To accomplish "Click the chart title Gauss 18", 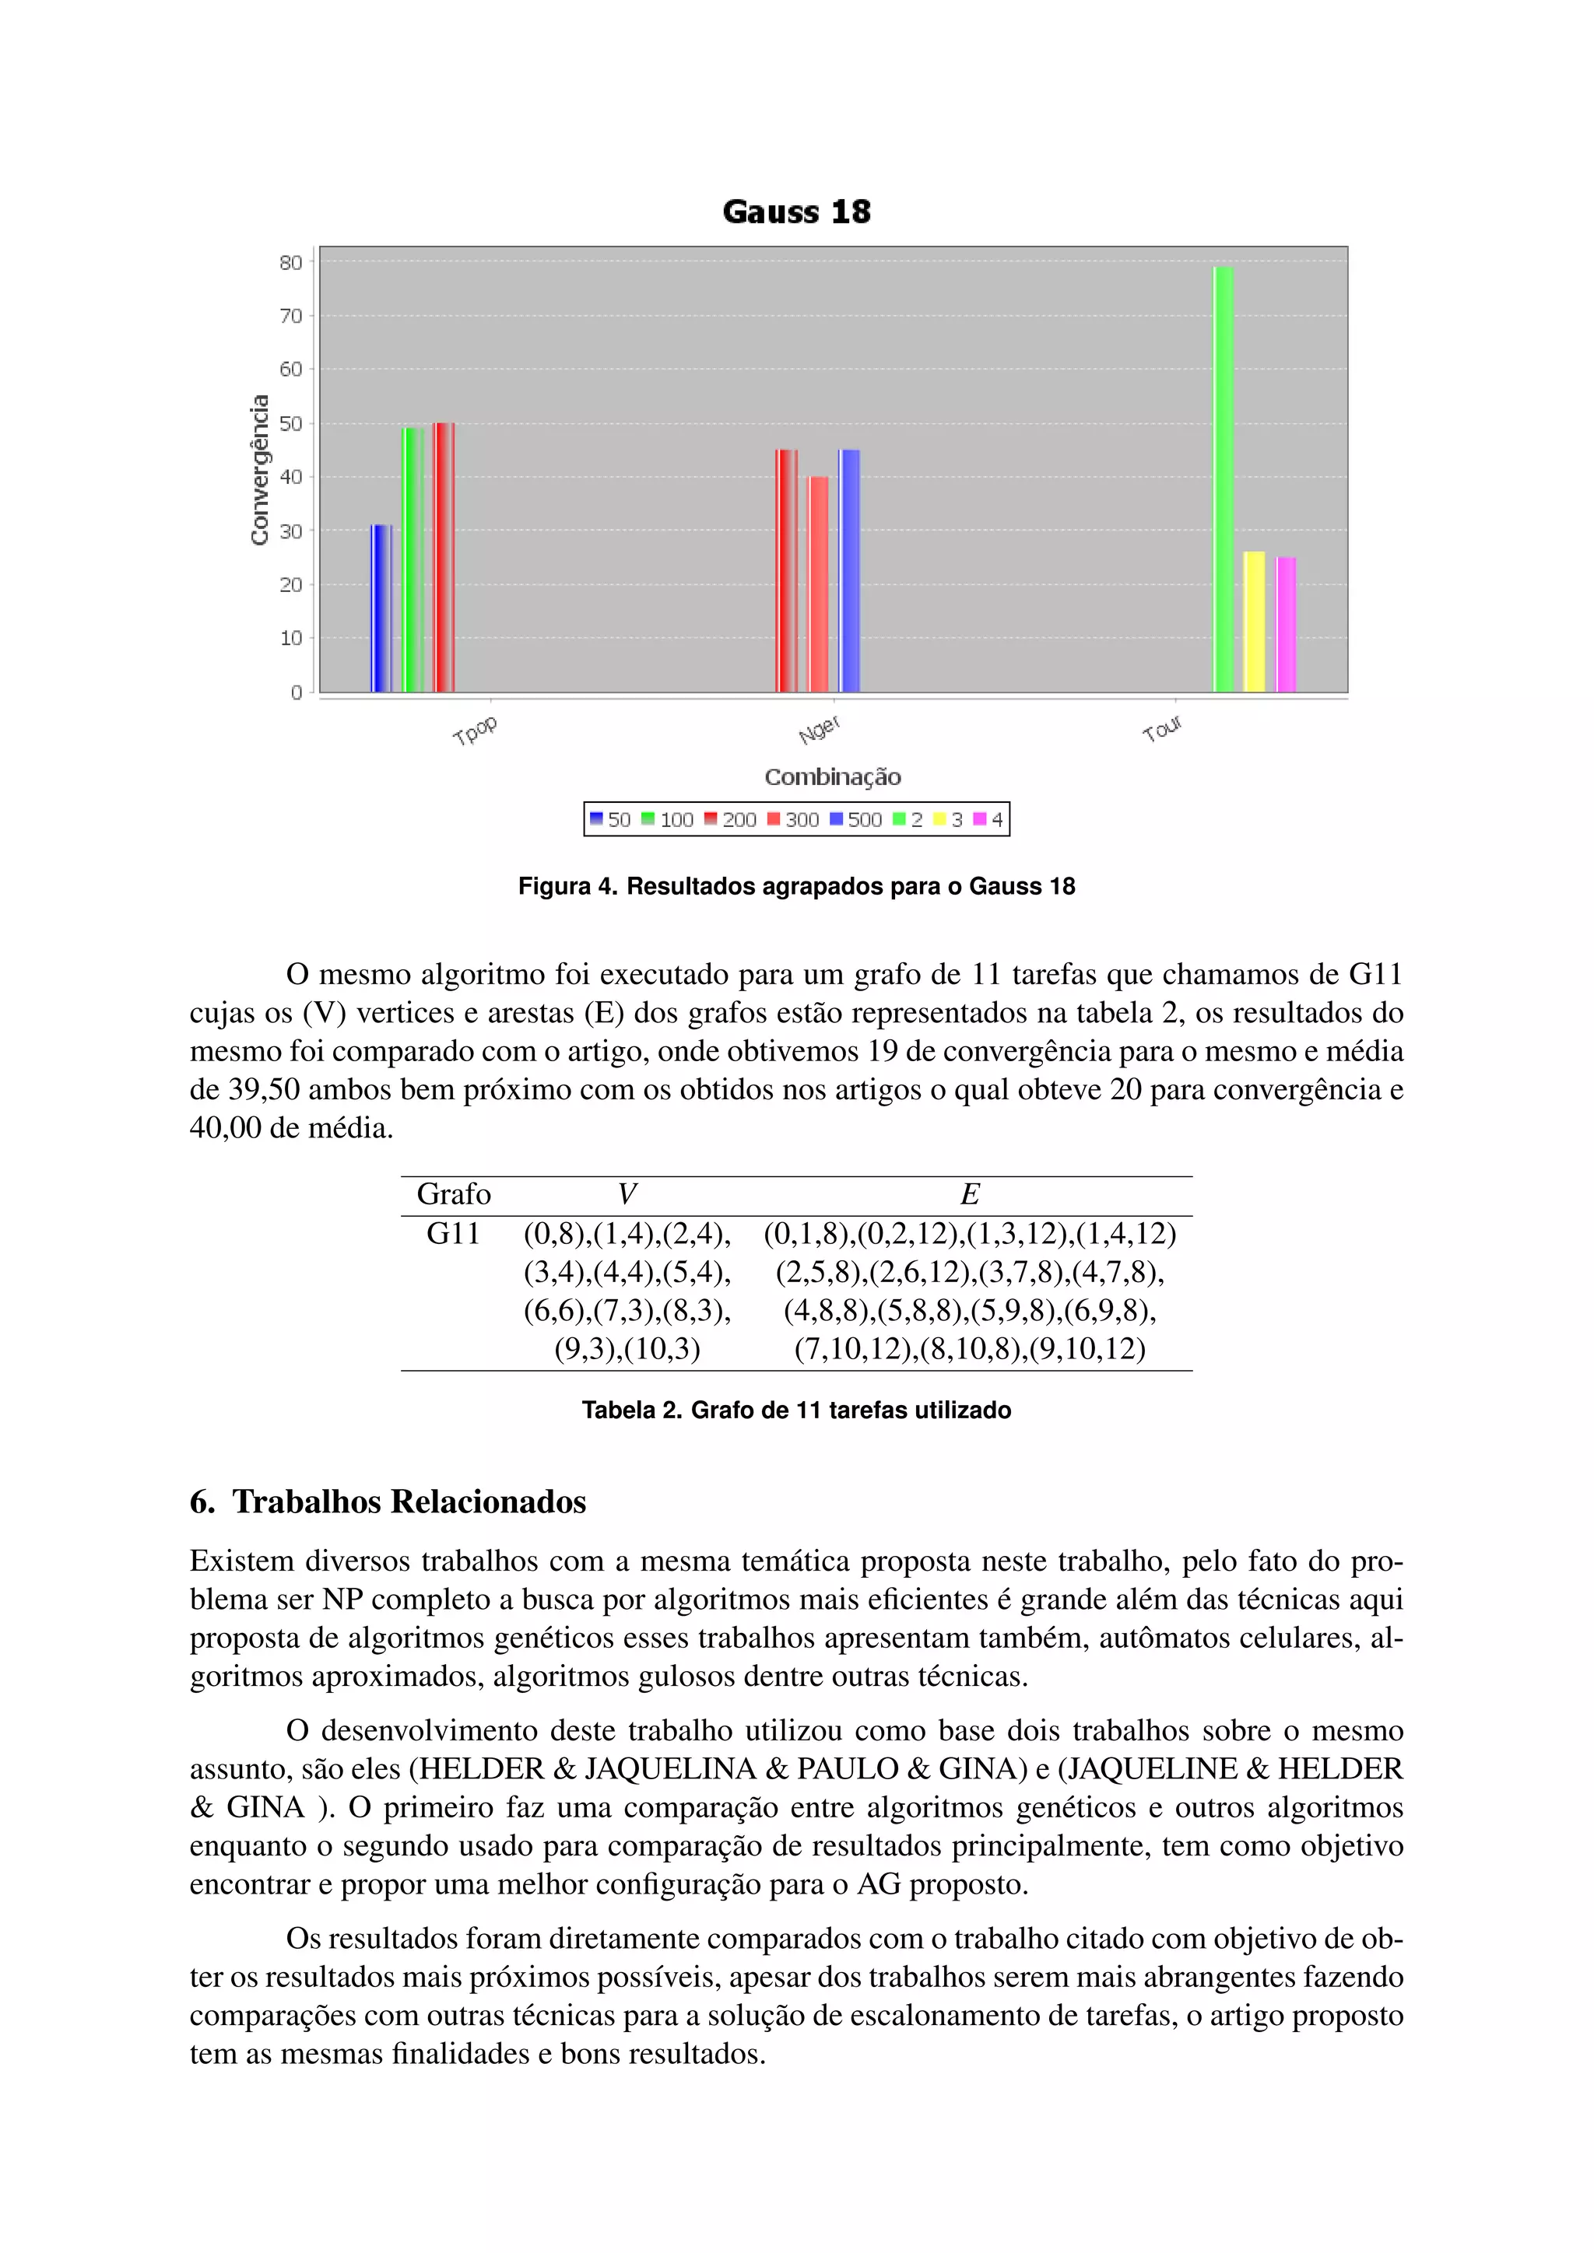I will [x=796, y=212].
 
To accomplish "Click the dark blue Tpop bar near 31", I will [x=381, y=608].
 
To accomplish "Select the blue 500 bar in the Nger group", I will [x=849, y=570].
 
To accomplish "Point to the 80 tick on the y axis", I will [x=290, y=263].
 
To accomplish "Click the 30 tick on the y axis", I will [x=290, y=531].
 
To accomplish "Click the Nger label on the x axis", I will [x=819, y=730].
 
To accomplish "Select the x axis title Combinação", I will [x=832, y=777].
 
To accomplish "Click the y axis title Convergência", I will [x=259, y=470].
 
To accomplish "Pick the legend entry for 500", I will [x=856, y=819].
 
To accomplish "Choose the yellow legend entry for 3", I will [x=948, y=819].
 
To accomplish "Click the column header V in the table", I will [x=627, y=1194].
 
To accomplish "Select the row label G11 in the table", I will [x=452, y=1233].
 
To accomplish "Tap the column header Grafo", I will [x=454, y=1194].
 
